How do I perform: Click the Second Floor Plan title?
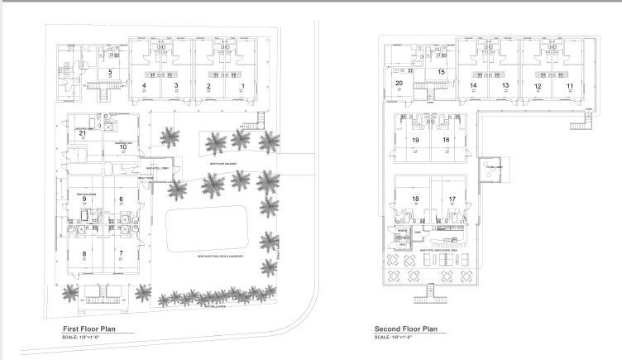(x=405, y=329)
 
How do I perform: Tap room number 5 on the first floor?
(x=110, y=72)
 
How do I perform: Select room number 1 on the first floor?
(x=242, y=86)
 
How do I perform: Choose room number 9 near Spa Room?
(x=84, y=199)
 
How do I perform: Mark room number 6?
(x=121, y=199)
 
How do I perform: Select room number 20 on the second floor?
(x=399, y=84)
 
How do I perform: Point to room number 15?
(x=442, y=72)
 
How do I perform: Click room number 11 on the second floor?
(x=569, y=86)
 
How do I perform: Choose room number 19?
(x=415, y=141)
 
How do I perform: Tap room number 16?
(x=446, y=141)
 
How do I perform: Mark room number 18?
(x=415, y=199)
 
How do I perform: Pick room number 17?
(x=452, y=199)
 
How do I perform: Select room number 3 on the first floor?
(x=176, y=86)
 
